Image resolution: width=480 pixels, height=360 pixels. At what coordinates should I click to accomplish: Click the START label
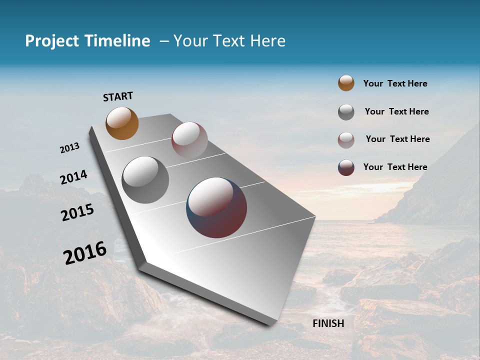tap(118, 96)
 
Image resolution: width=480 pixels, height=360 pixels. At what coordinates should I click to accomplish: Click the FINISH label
tap(328, 323)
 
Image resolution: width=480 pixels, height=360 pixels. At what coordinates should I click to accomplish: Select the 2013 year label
tap(69, 148)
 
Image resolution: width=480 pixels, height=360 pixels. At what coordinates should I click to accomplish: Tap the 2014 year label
tap(73, 177)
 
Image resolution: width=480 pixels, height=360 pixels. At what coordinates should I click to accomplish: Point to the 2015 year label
tap(77, 212)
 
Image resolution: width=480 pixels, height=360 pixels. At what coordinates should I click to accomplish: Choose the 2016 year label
tap(85, 253)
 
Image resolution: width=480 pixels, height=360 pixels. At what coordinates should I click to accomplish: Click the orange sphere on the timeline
tap(122, 123)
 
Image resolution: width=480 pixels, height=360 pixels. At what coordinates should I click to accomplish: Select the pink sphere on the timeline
tap(189, 140)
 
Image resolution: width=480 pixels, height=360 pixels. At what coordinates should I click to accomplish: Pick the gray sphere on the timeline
tap(145, 179)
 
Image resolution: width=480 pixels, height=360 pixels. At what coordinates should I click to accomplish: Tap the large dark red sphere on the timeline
tap(216, 207)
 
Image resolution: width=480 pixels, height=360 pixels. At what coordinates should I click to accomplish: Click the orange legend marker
tap(346, 83)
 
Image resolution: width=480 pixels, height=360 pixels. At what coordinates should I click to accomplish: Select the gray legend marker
tap(346, 112)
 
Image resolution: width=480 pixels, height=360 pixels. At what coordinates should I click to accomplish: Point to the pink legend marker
tap(346, 140)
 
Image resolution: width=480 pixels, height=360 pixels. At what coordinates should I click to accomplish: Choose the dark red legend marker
tap(346, 167)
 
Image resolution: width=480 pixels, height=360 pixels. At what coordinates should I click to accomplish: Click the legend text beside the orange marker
tap(395, 83)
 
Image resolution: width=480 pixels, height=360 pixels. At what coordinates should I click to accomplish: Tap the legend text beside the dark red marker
tap(395, 167)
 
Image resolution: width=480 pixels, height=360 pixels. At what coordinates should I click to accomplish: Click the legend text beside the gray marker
tap(396, 111)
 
